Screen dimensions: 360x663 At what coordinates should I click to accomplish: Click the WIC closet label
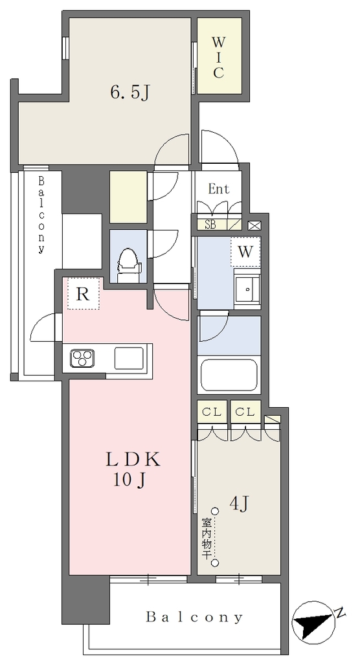(x=218, y=58)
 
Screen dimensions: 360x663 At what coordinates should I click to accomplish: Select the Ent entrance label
(x=218, y=189)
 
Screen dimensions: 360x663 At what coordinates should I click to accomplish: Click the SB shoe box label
(x=210, y=225)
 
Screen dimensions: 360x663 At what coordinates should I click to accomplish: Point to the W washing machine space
(x=245, y=252)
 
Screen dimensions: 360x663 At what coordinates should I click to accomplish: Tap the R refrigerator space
(x=83, y=293)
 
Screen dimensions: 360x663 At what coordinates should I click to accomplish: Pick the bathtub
(x=229, y=375)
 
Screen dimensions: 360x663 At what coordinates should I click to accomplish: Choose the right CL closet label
(x=245, y=412)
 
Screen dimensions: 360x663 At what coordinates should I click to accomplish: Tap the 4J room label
(x=240, y=504)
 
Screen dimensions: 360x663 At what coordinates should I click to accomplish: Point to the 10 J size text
(x=129, y=480)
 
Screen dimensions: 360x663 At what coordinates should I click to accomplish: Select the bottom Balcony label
(x=194, y=617)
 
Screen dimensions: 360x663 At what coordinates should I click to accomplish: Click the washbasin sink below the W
(x=247, y=289)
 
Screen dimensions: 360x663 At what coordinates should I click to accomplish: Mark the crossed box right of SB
(x=255, y=225)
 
